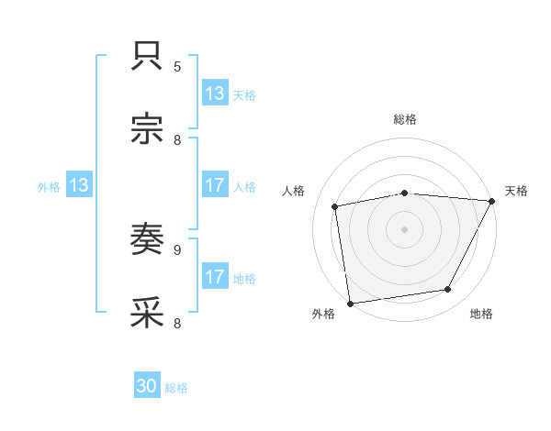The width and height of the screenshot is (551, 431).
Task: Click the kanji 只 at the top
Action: [147, 58]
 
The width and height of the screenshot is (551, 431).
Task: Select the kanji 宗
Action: [147, 129]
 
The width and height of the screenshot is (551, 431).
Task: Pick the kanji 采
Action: [147, 313]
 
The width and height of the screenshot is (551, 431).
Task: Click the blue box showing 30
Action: [147, 387]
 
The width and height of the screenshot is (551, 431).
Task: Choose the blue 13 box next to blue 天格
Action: [214, 94]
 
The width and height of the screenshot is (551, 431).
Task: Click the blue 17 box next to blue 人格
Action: [214, 185]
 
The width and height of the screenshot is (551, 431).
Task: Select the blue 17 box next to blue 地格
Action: [214, 277]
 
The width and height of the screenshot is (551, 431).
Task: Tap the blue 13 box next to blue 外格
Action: [78, 185]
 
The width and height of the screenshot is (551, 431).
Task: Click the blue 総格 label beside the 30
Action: [176, 388]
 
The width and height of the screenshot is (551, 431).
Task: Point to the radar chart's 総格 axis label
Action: [405, 119]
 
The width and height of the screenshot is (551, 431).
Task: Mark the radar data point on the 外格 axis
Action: [350, 303]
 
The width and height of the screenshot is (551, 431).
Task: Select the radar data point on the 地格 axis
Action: [448, 290]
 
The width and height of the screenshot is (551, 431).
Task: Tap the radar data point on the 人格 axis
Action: [335, 206]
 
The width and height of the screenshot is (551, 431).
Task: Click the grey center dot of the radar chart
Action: [405, 228]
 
